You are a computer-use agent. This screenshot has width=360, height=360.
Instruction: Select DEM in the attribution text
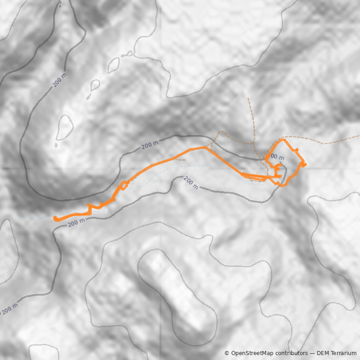pos(323,353)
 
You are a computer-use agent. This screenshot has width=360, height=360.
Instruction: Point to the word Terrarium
pos(342,353)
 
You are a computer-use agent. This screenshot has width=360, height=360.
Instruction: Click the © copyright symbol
pos(227,353)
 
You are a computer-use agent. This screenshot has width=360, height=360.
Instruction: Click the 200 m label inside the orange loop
pos(276,157)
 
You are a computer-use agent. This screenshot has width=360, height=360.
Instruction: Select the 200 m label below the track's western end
pos(77,222)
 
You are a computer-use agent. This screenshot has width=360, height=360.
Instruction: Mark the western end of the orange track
pos(55,219)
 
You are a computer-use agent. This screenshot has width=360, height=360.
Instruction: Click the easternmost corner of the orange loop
pos(305,164)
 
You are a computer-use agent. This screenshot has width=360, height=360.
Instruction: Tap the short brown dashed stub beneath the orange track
pos(180,159)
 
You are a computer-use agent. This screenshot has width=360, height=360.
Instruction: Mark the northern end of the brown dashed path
pos(248,98)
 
